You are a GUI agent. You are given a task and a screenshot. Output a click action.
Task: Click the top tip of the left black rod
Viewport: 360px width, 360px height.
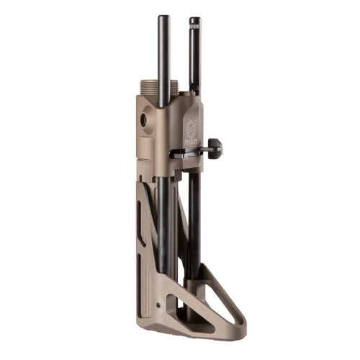(x=163, y=17)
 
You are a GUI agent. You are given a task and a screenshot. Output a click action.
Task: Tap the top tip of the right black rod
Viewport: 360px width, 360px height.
(x=194, y=19)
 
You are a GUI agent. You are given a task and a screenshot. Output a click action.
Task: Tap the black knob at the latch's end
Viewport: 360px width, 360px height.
(x=215, y=149)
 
